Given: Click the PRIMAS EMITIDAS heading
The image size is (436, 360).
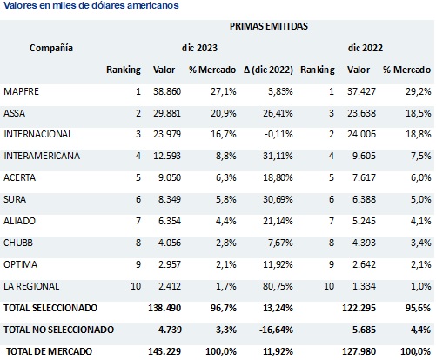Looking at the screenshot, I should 269,28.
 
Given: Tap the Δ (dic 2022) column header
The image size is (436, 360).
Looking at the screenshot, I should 267,69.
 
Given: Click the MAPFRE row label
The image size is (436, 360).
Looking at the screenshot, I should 23,90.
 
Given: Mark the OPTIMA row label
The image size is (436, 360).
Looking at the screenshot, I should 21,264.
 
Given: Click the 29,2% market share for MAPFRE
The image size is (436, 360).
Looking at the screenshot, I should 416,90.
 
